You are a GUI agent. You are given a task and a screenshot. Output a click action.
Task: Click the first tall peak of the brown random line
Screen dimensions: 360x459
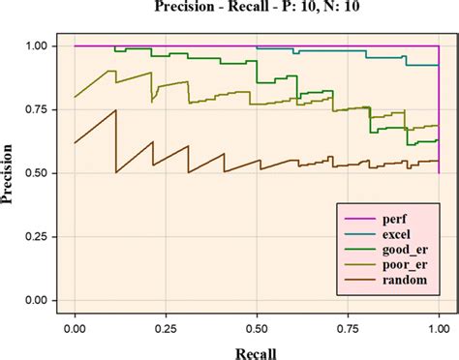[116, 110]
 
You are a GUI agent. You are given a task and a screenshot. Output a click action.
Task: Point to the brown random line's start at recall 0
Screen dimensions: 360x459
[75, 143]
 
